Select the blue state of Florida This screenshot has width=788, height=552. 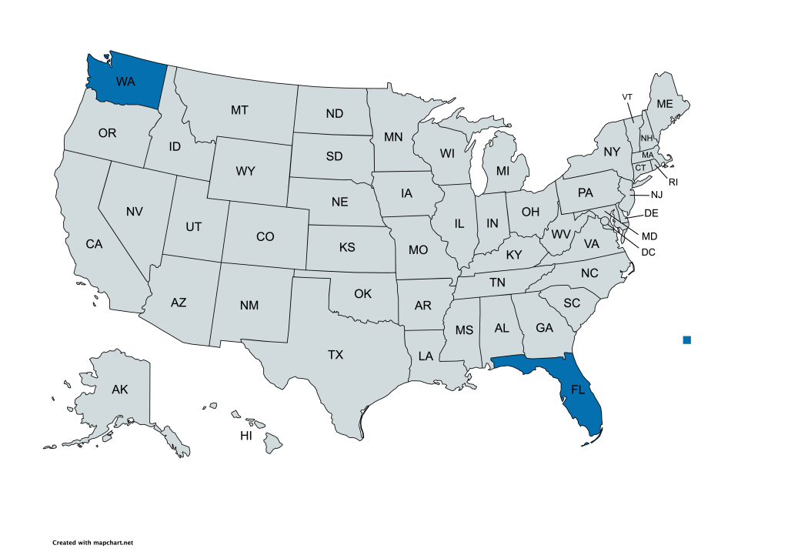[578, 390]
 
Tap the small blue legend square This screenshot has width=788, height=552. [686, 340]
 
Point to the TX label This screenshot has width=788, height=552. [336, 355]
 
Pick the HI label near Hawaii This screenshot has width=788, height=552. [246, 436]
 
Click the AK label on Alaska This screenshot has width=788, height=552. [119, 390]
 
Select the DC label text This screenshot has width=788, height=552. [648, 252]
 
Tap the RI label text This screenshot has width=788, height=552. [673, 182]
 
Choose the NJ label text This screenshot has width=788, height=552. [656, 195]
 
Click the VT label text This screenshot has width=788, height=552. [627, 96]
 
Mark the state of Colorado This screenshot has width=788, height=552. [265, 236]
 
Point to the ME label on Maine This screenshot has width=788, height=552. [663, 104]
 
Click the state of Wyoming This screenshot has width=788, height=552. [245, 171]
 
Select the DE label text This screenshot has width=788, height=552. [651, 212]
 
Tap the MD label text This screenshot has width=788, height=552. [649, 236]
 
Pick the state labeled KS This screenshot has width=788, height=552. [347, 248]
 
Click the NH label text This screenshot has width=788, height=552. [646, 138]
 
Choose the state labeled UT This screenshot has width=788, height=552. [193, 226]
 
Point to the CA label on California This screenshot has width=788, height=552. [94, 244]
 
